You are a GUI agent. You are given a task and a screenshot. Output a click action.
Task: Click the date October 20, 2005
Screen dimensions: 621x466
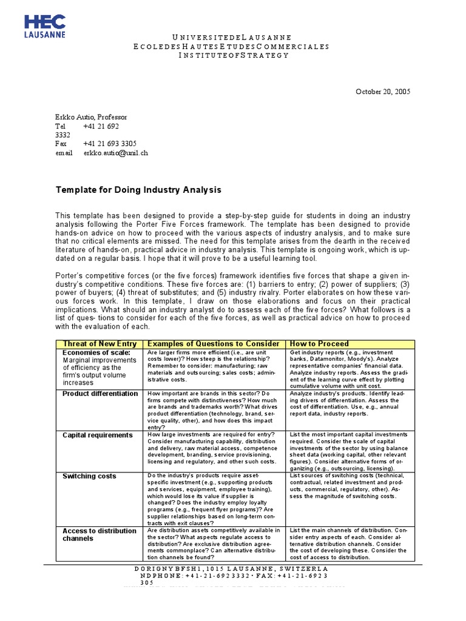pos(382,92)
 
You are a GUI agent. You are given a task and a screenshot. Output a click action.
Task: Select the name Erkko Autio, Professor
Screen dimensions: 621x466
pos(92,117)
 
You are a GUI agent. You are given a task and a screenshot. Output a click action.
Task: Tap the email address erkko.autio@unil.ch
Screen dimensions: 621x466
pos(115,153)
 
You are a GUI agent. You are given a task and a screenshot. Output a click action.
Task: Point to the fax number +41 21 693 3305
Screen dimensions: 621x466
pos(111,144)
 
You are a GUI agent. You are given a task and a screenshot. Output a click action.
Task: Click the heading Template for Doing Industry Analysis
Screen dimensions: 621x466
pos(139,190)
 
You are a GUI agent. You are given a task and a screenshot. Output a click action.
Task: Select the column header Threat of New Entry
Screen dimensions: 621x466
pos(100,344)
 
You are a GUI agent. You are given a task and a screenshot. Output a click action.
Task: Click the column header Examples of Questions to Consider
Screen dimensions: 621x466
pos(214,344)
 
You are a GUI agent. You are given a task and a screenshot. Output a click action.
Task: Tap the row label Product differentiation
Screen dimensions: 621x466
pos(100,394)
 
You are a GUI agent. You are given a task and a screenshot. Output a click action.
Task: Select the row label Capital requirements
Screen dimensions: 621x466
pos(97,435)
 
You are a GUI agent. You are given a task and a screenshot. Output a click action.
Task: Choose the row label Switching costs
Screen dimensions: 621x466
pos(89,476)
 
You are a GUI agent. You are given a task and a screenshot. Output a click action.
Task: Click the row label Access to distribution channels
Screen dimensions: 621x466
pos(100,534)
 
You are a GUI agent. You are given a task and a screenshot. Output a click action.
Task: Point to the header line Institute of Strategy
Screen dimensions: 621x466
pos(233,55)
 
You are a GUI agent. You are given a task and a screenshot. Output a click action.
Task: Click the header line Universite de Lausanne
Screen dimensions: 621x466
pos(233,37)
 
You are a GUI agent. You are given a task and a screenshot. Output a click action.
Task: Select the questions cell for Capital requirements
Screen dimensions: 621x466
pos(214,448)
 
